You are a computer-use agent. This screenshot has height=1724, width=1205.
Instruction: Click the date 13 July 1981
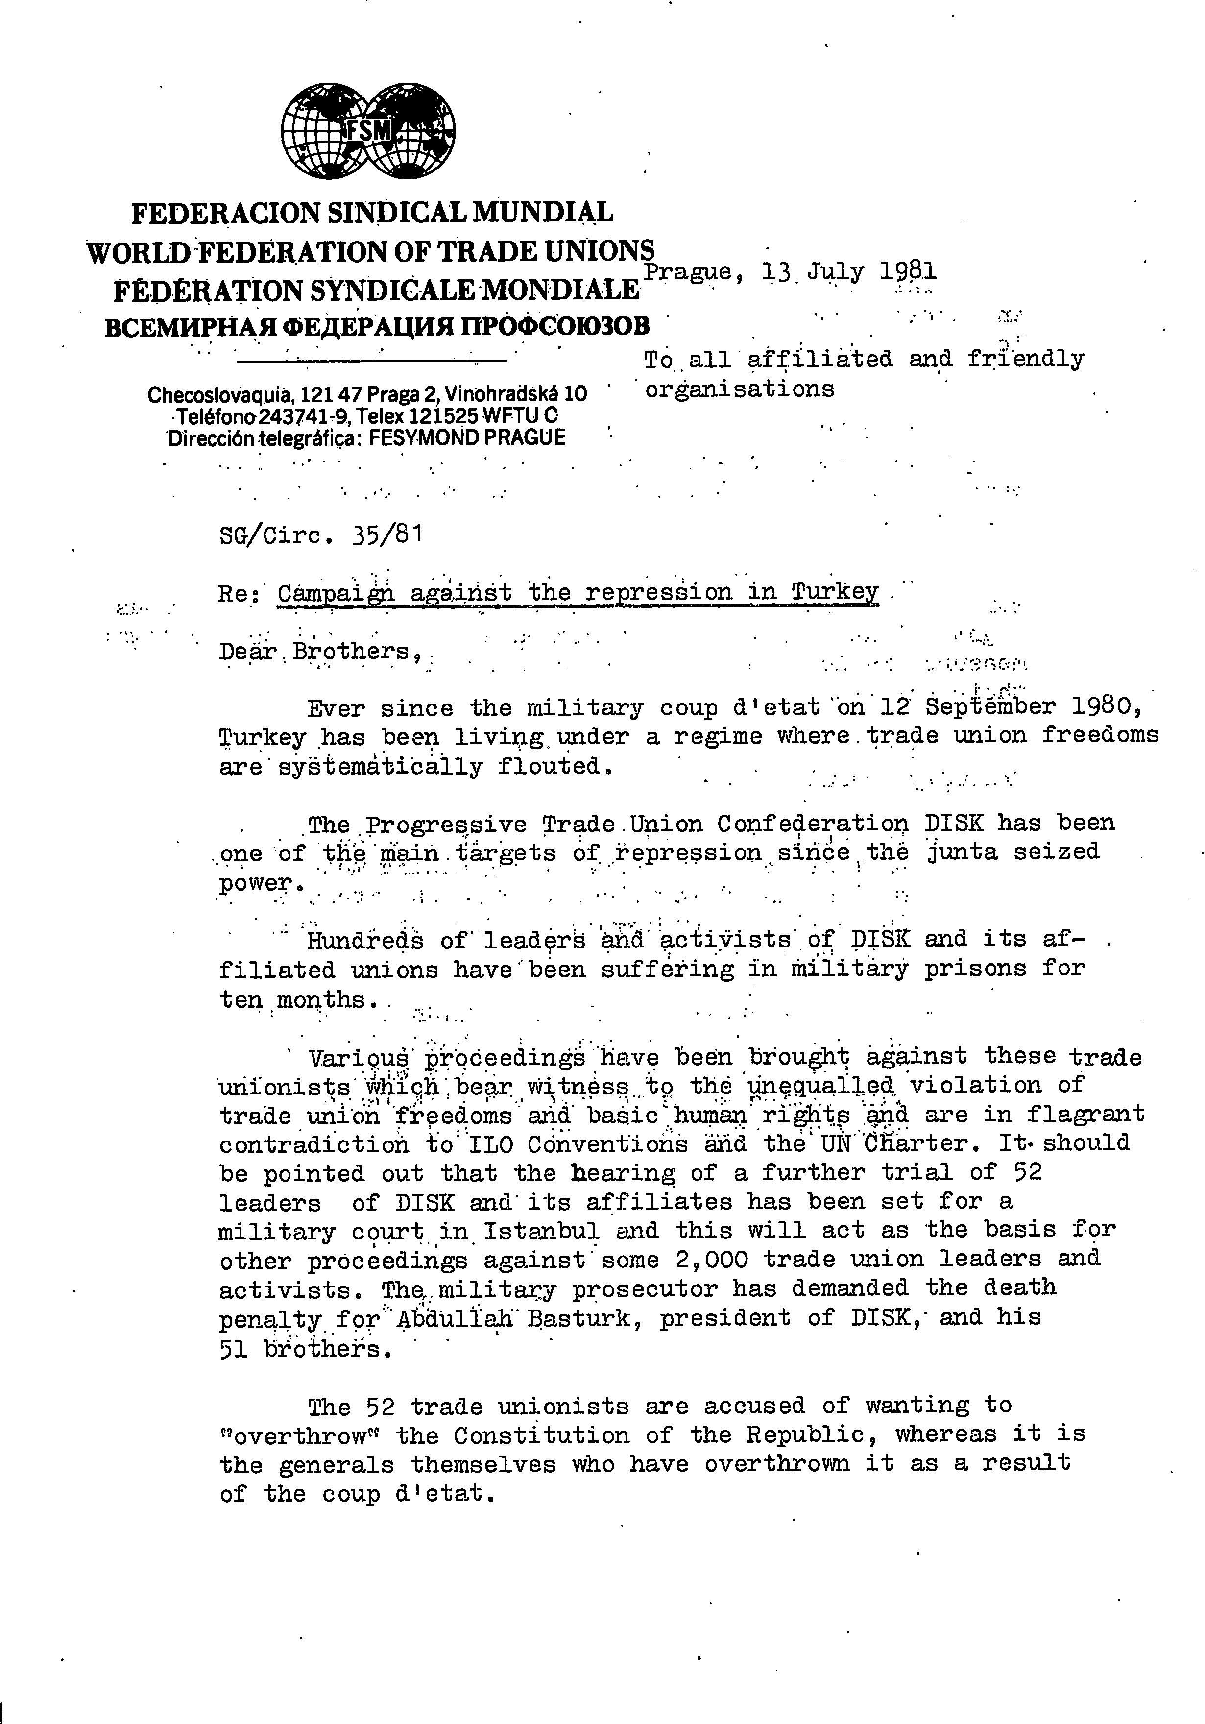click(x=848, y=271)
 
